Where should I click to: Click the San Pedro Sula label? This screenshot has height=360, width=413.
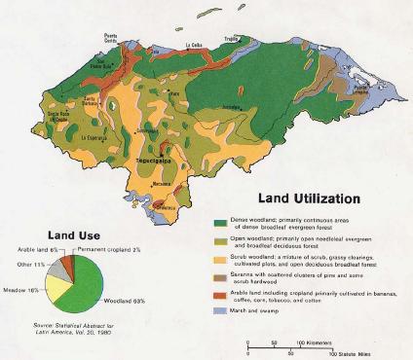pyautogui.click(x=96, y=68)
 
